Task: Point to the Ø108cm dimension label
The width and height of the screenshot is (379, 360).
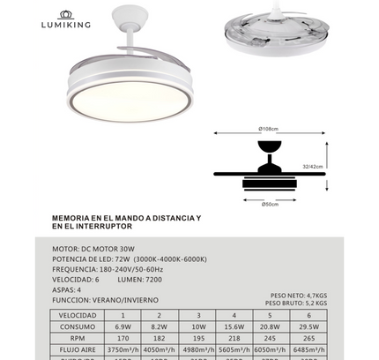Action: click(269, 129)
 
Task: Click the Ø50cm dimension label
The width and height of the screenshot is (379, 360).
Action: click(271, 205)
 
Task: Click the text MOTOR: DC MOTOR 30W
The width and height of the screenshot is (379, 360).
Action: click(94, 249)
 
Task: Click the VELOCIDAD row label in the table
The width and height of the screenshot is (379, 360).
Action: click(78, 314)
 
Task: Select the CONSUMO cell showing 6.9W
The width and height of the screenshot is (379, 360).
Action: click(123, 326)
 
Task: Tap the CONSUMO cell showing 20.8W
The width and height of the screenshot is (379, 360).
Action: click(271, 326)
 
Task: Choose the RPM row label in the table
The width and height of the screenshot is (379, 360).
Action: click(78, 337)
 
